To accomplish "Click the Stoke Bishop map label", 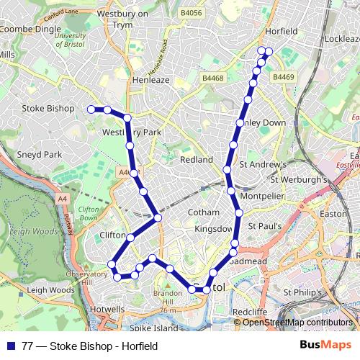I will click(x=48, y=108).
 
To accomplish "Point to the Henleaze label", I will click(x=150, y=80).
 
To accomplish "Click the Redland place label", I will click(x=196, y=159).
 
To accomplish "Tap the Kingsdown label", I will click(x=214, y=228).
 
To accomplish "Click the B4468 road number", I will click(x=214, y=78).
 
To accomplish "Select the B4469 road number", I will click(x=283, y=77).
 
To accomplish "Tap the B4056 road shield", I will click(x=192, y=12).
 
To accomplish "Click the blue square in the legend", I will click(x=10, y=346).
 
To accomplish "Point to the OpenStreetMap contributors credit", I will click(x=298, y=323).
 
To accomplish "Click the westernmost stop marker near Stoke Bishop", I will click(x=91, y=109).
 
